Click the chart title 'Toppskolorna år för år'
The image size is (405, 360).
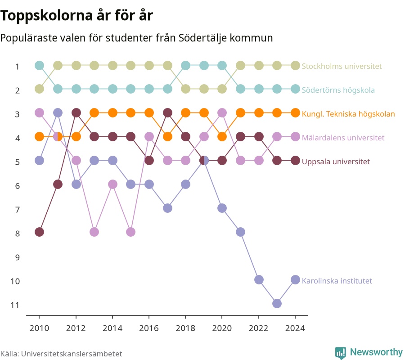tap(76, 15)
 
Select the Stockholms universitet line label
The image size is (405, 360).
tap(342, 66)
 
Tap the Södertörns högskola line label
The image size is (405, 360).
tap(338, 90)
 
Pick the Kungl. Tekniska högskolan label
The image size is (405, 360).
tap(348, 114)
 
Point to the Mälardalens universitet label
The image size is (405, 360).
tap(343, 138)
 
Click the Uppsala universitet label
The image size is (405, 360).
tap(336, 162)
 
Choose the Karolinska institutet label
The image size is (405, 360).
tap(337, 281)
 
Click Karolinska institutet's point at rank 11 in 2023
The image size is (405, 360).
tap(277, 303)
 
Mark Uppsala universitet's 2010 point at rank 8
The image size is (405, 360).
tap(39, 232)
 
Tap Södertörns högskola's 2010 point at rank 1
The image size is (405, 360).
tap(39, 65)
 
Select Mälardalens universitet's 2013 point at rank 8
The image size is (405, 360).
tap(94, 232)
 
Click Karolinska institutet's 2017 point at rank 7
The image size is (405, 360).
tap(167, 208)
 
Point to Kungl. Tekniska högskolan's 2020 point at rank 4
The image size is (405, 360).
tap(222, 137)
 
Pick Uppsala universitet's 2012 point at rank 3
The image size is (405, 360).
tap(76, 113)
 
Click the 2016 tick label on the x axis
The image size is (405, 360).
tap(149, 328)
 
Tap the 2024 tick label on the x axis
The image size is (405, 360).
tap(295, 328)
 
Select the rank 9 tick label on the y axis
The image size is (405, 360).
tap(17, 257)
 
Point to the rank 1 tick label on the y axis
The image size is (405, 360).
tap(17, 67)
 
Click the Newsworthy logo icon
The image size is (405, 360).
tap(341, 353)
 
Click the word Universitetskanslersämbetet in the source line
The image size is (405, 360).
tap(72, 354)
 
